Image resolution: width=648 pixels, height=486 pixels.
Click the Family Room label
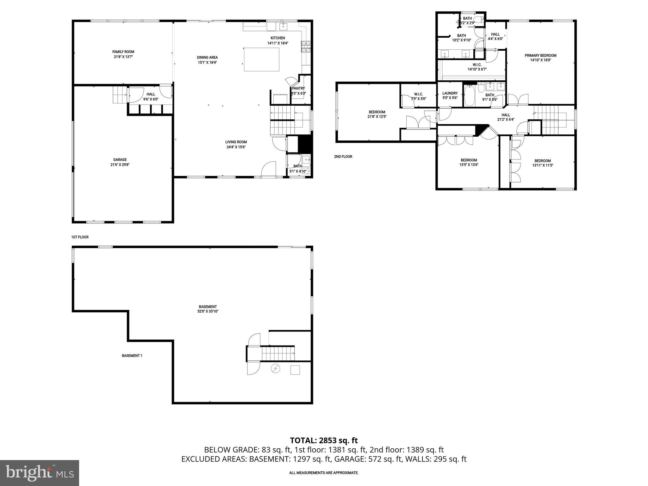[123, 52]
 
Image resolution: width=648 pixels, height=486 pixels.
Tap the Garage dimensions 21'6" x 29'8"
[120, 165]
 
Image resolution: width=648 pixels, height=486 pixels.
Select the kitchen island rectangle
[261, 59]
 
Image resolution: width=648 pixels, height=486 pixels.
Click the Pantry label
[298, 89]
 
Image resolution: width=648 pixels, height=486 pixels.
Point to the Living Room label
[236, 142]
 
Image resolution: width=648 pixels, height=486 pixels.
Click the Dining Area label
[207, 58]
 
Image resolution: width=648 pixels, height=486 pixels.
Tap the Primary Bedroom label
[543, 55]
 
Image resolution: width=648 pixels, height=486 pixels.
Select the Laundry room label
[450, 93]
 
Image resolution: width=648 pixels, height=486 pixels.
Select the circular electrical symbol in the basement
[276, 369]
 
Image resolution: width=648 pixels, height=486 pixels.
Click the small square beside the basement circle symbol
[295, 370]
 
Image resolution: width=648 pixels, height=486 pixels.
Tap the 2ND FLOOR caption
[343, 157]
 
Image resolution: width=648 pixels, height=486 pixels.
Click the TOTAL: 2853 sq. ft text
[324, 440]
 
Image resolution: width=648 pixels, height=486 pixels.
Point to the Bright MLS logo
[40, 473]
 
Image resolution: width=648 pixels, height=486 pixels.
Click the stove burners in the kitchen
[306, 47]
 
